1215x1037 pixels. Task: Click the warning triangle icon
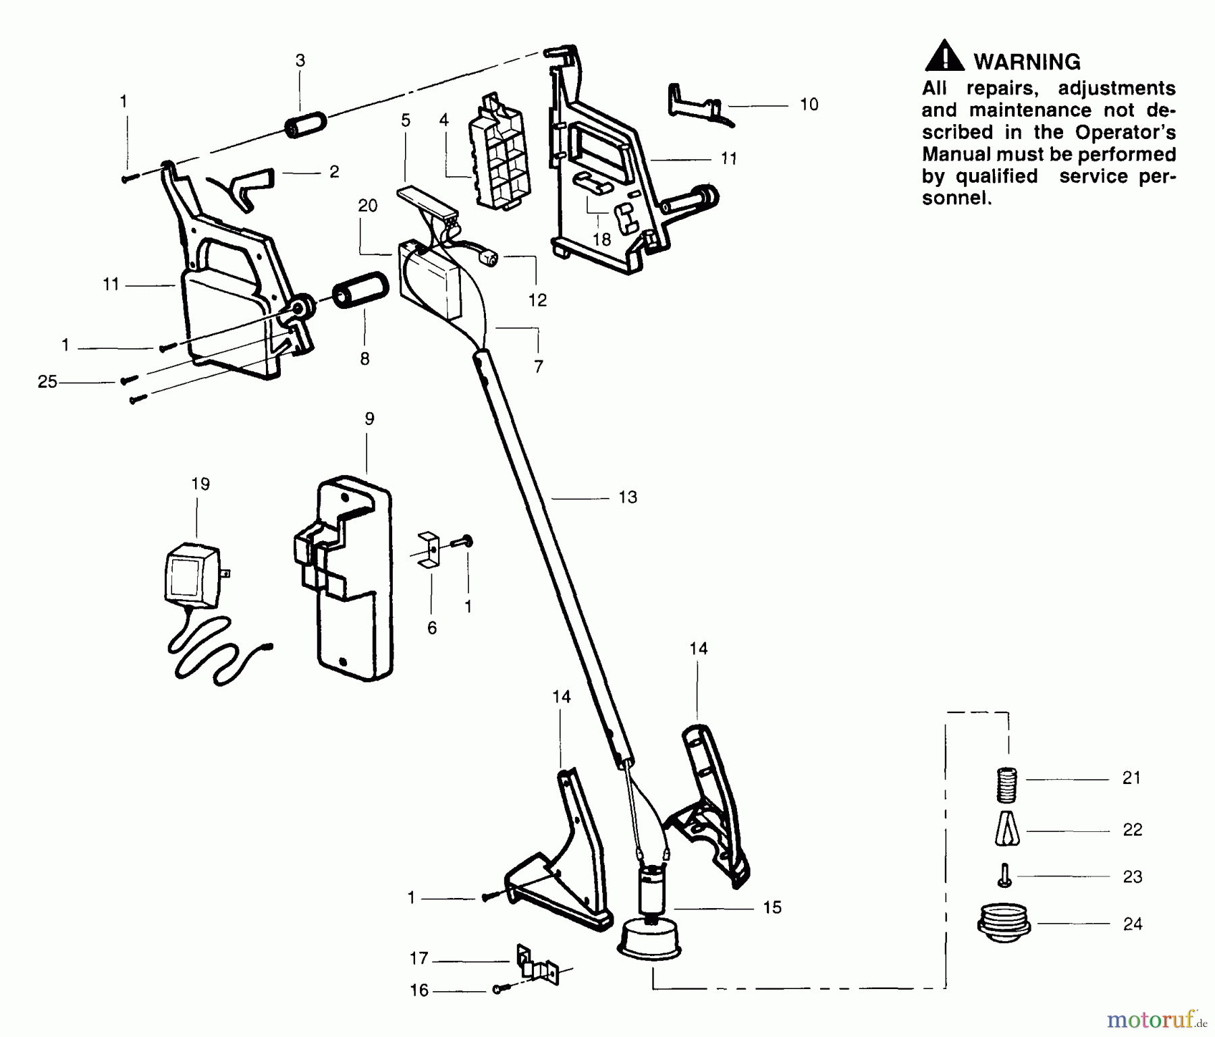tap(944, 57)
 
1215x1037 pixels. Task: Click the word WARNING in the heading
tap(1027, 62)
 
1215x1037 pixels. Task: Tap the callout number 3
tap(300, 61)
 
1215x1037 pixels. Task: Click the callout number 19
tap(200, 484)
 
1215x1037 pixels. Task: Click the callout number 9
tap(369, 419)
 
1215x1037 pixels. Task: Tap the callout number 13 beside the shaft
tap(628, 497)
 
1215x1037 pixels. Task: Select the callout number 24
tap(1133, 924)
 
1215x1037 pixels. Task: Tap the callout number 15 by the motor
tap(772, 907)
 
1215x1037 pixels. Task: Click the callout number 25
tap(47, 382)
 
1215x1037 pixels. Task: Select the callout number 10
tap(809, 105)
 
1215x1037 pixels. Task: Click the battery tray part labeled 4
tap(498, 155)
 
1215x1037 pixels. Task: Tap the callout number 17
tap(419, 958)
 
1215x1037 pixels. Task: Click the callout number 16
tap(419, 990)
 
